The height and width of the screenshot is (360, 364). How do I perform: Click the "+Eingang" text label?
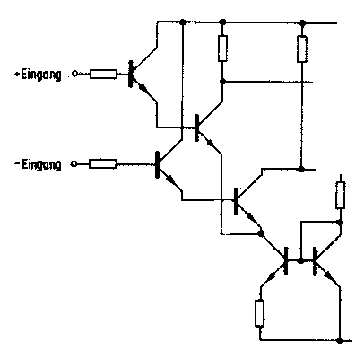coord(39,75)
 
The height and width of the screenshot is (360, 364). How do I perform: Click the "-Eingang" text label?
coord(39,164)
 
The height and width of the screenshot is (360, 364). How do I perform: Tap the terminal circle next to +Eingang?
coord(74,74)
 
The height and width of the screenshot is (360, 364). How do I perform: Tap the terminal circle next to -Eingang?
coord(74,164)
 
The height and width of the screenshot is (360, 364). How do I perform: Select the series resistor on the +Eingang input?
coord(103,74)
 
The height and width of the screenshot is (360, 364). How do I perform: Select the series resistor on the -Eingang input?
coord(103,164)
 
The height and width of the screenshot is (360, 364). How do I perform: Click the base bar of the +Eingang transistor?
coord(130,74)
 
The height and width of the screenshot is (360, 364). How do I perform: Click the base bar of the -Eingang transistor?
coord(157,164)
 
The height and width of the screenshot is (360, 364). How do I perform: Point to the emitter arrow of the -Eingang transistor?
coord(169,179)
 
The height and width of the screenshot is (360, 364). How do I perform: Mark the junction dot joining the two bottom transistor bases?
coord(301,260)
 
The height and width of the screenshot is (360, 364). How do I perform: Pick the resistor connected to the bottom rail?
coord(260,313)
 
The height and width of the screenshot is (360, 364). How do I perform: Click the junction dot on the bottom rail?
coord(340,340)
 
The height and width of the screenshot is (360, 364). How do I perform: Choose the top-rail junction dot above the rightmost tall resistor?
coord(303,22)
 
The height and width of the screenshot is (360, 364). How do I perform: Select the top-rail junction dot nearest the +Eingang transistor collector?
coord(183,22)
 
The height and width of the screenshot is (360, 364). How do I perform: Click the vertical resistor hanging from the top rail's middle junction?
coord(222,48)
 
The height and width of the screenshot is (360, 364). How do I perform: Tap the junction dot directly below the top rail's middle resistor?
coord(222,82)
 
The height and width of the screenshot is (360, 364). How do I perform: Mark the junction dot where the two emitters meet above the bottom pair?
coord(261,233)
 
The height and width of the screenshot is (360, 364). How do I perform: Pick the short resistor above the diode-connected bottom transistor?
coord(340,195)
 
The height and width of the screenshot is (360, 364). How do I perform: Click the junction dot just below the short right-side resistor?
coord(340,223)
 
